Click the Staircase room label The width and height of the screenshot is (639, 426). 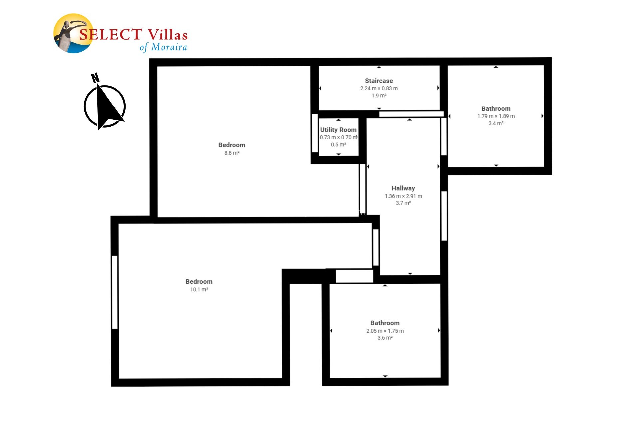tap(379, 81)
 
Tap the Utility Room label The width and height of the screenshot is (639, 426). tap(338, 130)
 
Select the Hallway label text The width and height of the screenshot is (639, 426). tap(403, 188)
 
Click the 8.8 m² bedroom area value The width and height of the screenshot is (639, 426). tap(232, 153)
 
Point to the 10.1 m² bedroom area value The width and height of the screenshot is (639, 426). tap(199, 290)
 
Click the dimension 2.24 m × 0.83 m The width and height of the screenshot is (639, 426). tap(379, 88)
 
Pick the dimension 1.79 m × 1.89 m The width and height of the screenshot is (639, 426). tap(496, 116)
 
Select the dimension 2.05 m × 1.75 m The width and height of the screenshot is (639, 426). tap(385, 331)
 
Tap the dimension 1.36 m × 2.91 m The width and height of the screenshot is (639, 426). tap(403, 196)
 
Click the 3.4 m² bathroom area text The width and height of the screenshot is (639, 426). tap(496, 123)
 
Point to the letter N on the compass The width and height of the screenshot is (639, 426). tap(95, 78)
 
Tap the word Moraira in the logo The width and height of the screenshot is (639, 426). tap(169, 47)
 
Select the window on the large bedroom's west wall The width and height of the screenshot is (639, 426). tap(115, 292)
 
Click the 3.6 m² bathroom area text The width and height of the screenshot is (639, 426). tap(385, 338)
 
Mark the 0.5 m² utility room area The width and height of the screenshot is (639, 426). tap(338, 145)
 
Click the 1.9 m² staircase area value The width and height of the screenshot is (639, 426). tap(379, 96)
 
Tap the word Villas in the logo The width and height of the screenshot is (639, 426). tap(167, 35)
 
